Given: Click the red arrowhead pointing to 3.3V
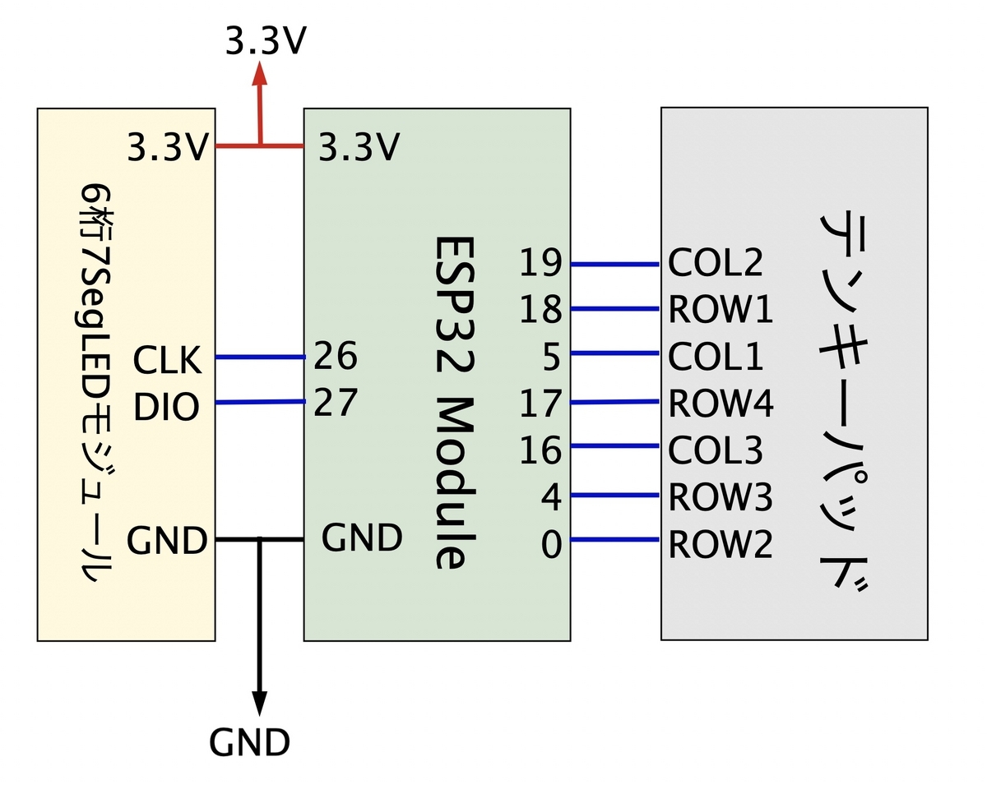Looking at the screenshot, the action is [x=260, y=73].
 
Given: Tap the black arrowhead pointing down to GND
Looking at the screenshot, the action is [x=259, y=704].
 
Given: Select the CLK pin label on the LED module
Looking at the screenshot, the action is [x=167, y=360].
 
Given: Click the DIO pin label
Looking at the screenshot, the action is [x=166, y=407].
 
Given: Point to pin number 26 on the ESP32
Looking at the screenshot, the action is [x=336, y=355].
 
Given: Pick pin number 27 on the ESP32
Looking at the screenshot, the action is [x=336, y=402].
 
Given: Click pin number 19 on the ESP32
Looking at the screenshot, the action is [x=540, y=262].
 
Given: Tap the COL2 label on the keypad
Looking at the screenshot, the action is [x=716, y=262].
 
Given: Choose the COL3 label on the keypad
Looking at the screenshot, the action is [x=716, y=450].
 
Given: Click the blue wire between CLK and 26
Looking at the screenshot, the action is [x=260, y=357].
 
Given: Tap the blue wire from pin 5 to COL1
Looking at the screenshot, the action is [x=614, y=353].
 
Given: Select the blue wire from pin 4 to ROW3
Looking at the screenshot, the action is [x=614, y=495].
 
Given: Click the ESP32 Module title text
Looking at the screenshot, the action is [x=454, y=403].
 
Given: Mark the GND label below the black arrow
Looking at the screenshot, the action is [x=249, y=742].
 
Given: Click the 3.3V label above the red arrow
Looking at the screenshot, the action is [x=266, y=41].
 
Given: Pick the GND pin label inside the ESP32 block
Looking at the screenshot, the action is [x=362, y=538].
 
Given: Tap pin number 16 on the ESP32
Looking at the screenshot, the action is [x=540, y=450].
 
